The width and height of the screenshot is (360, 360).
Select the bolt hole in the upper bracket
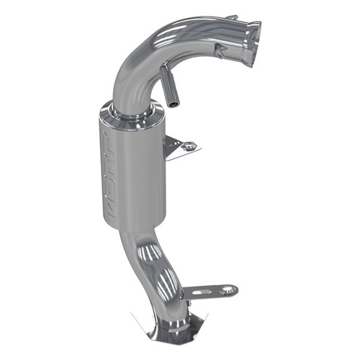click(x=190, y=146)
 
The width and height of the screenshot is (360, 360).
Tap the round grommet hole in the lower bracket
click(x=229, y=289)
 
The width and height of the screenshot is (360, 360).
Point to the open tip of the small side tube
click(x=174, y=103)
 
